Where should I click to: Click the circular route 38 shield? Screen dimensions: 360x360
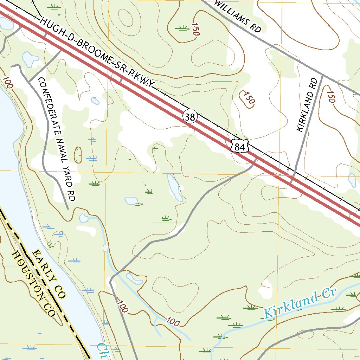[x=189, y=117]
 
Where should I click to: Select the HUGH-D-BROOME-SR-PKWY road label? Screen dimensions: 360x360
[x=97, y=53]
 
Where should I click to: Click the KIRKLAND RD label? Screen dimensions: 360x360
[x=307, y=105]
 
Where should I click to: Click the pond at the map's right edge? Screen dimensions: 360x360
[x=352, y=180]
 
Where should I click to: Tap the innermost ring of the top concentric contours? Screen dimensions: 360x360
[x=126, y=16]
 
